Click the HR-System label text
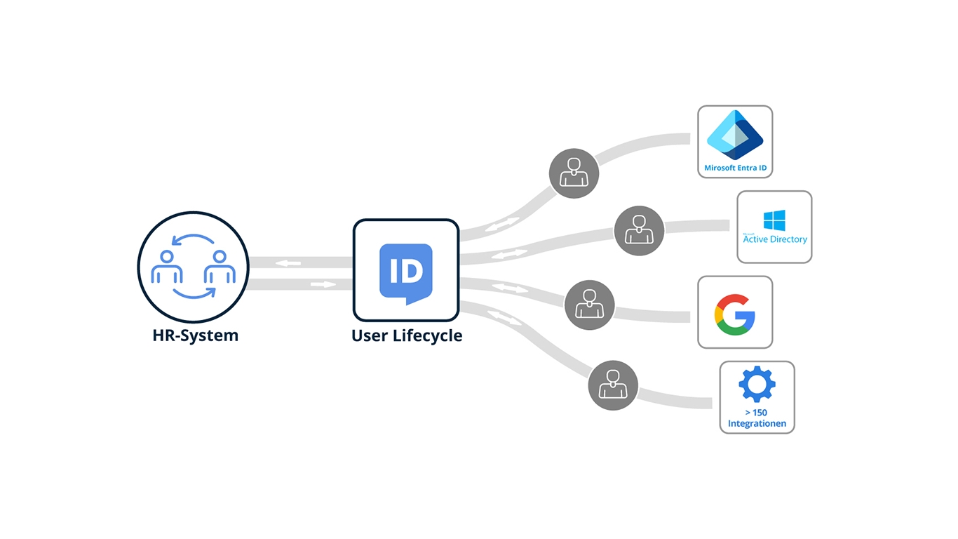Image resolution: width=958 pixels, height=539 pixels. (x=195, y=335)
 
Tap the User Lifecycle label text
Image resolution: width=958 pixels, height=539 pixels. (x=407, y=335)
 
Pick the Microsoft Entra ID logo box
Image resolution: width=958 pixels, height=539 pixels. (x=734, y=141)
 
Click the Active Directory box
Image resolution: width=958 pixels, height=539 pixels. (x=774, y=227)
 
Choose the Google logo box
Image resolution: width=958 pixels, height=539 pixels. (x=734, y=312)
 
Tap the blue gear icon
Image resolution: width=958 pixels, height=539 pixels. (x=757, y=385)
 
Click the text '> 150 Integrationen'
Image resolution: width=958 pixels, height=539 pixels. (x=757, y=418)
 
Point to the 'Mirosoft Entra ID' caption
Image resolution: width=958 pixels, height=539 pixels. (x=734, y=168)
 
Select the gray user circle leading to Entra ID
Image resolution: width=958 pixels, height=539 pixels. (x=574, y=173)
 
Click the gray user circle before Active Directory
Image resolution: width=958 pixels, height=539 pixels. (x=639, y=230)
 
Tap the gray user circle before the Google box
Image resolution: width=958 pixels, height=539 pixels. (x=589, y=305)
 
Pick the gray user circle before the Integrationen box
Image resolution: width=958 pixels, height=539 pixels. (x=613, y=385)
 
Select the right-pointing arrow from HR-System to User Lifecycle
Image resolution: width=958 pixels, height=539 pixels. (x=323, y=284)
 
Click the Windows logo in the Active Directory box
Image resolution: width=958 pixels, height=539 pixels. (x=774, y=220)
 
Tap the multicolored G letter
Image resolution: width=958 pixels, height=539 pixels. (x=734, y=314)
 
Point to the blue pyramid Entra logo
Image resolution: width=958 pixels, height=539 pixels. (x=734, y=135)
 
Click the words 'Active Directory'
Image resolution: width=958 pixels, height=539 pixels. (x=775, y=239)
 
